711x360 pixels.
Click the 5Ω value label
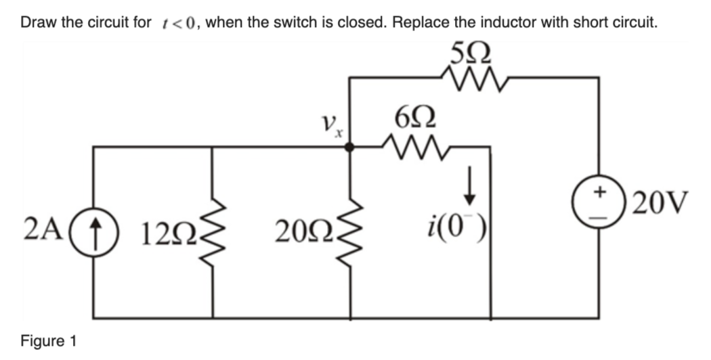470,53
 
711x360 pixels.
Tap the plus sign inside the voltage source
599,192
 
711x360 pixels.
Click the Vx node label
330,124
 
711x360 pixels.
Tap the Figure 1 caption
48,340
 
